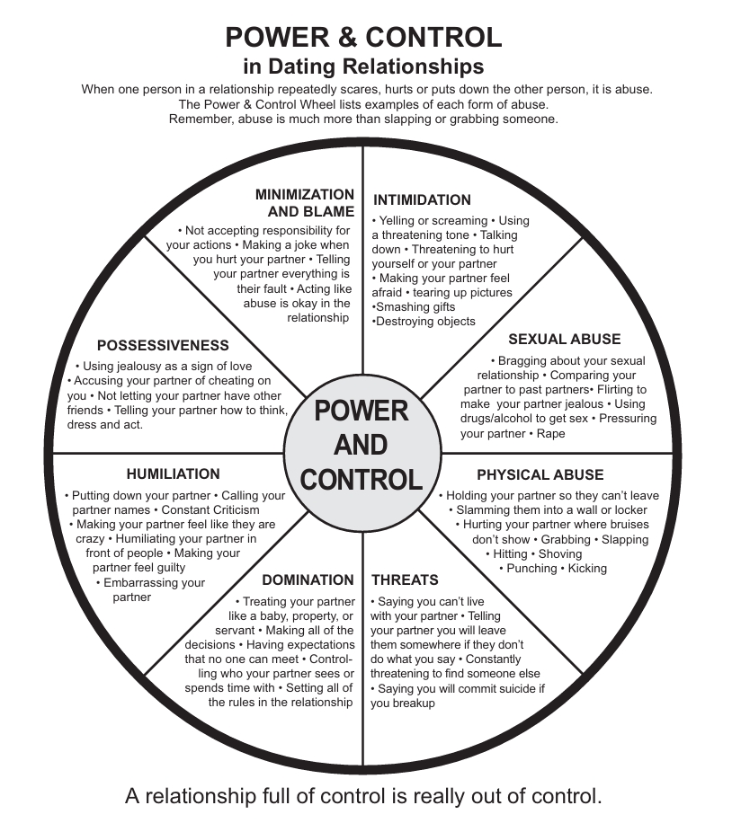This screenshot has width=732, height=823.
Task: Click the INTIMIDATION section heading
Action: click(x=422, y=200)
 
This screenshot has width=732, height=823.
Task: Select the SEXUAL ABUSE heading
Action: click(x=564, y=340)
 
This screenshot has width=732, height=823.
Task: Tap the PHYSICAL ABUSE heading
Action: click(x=540, y=474)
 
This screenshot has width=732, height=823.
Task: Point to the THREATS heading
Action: click(x=405, y=580)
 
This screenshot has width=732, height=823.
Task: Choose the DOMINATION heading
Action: click(x=308, y=580)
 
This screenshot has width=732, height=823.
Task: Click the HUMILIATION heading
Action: click(x=173, y=473)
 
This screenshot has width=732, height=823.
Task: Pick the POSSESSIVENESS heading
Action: click(x=163, y=345)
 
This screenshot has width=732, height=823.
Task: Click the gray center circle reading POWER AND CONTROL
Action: click(x=362, y=444)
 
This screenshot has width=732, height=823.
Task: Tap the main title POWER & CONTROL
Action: click(x=363, y=38)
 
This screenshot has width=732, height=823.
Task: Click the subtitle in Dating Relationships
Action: click(x=363, y=66)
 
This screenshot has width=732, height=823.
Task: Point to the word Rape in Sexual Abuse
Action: click(x=551, y=434)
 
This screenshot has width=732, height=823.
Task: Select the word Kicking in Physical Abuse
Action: click(x=588, y=569)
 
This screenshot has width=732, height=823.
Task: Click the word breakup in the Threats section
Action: click(x=414, y=704)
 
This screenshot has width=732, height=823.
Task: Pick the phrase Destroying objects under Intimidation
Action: click(x=424, y=322)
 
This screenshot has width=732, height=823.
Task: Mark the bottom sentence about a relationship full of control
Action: click(x=363, y=796)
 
